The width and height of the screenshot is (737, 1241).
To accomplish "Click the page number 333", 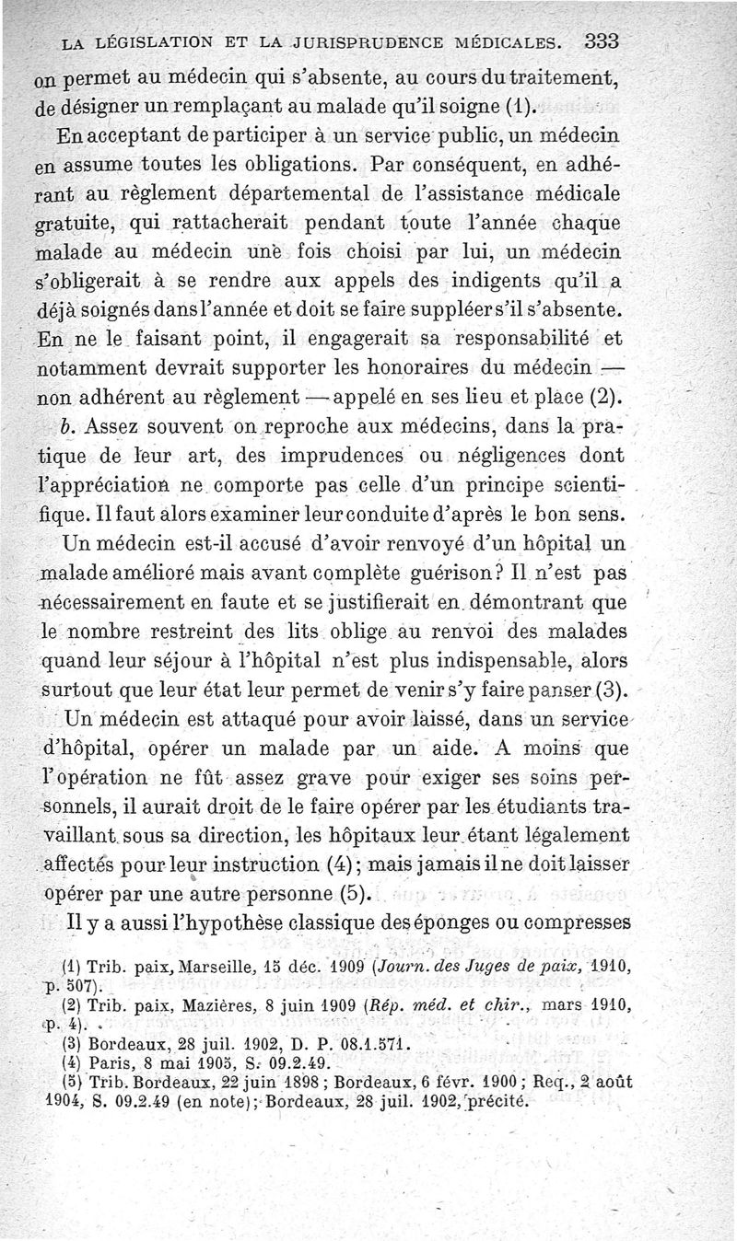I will coord(600,41).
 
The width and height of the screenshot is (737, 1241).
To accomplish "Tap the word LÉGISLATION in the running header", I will coord(143,41).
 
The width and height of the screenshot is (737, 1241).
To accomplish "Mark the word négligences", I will coord(520,453).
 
